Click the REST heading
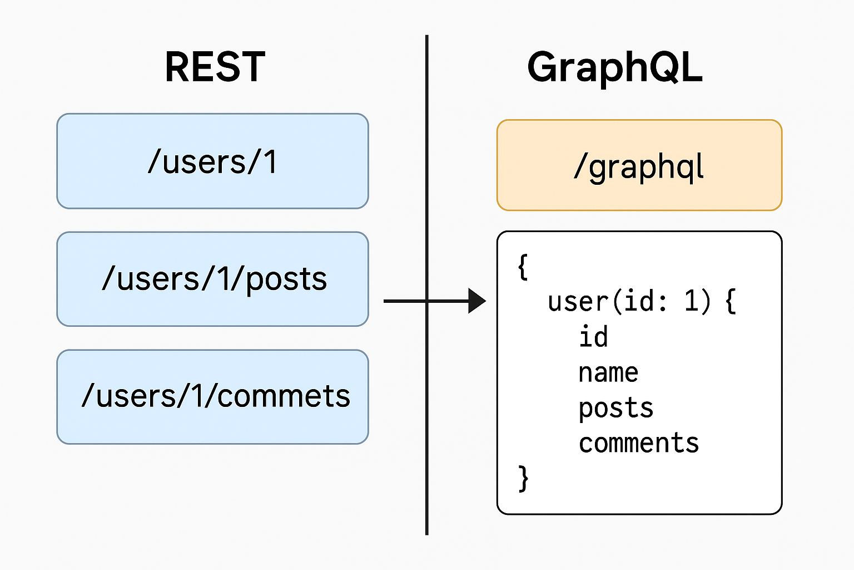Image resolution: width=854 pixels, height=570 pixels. coord(215,66)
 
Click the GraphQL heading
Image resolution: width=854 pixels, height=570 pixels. coord(614,68)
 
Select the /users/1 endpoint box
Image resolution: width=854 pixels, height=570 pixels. coord(213,161)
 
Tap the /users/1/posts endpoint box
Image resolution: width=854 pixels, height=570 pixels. coord(213,279)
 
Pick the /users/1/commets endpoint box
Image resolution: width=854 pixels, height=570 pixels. coord(213,397)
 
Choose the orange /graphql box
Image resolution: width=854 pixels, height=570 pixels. coord(639,165)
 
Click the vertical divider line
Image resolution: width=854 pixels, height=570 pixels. coord(427,285)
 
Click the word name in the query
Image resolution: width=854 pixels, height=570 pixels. coord(608,373)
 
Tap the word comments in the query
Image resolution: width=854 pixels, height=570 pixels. coord(639,443)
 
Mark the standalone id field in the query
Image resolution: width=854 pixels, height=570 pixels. coord(593,337)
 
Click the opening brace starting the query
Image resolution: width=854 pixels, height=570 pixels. coord(523,267)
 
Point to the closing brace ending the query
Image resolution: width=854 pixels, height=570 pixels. coord(523,478)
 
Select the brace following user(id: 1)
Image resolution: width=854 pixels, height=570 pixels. coord(731,302)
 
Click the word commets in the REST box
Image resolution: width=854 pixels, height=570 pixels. coord(283,396)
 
